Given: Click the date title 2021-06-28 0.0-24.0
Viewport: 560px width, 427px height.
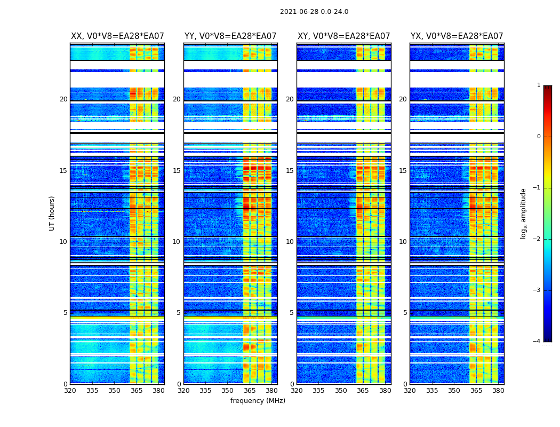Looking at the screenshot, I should pyautogui.click(x=314, y=12).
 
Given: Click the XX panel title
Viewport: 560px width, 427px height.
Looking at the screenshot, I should pyautogui.click(x=117, y=36).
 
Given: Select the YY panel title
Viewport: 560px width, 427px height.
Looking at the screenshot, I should pyautogui.click(x=230, y=36).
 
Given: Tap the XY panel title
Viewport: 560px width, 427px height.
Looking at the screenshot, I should pyautogui.click(x=344, y=36).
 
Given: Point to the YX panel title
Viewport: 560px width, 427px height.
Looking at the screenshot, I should pyautogui.click(x=457, y=36).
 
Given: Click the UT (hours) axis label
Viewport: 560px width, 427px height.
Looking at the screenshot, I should pyautogui.click(x=52, y=213).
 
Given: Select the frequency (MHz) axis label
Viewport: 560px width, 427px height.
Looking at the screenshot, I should pyautogui.click(x=258, y=401).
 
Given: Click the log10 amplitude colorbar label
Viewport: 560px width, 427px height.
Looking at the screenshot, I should pyautogui.click(x=524, y=213).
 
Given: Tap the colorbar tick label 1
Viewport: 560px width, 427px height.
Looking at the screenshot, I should pyautogui.click(x=538, y=85).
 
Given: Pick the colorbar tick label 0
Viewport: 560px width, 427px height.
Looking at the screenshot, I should pyautogui.click(x=538, y=137).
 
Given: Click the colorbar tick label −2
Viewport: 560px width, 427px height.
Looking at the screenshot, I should pyautogui.click(x=537, y=239).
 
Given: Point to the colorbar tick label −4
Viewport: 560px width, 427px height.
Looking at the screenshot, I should pyautogui.click(x=537, y=342).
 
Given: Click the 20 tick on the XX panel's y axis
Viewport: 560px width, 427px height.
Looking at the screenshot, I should pyautogui.click(x=63, y=99).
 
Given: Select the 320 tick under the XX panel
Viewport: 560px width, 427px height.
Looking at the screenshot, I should pyautogui.click(x=70, y=391).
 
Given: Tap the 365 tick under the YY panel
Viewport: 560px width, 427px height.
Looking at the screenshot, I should pyautogui.click(x=250, y=391).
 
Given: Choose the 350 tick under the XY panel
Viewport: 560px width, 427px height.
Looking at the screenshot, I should pyautogui.click(x=341, y=391).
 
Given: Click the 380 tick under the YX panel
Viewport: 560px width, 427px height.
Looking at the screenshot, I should pyautogui.click(x=498, y=391).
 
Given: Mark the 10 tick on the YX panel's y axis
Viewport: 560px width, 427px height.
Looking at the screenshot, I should pyautogui.click(x=403, y=242).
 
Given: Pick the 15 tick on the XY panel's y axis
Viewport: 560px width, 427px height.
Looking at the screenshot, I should pyautogui.click(x=290, y=171).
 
